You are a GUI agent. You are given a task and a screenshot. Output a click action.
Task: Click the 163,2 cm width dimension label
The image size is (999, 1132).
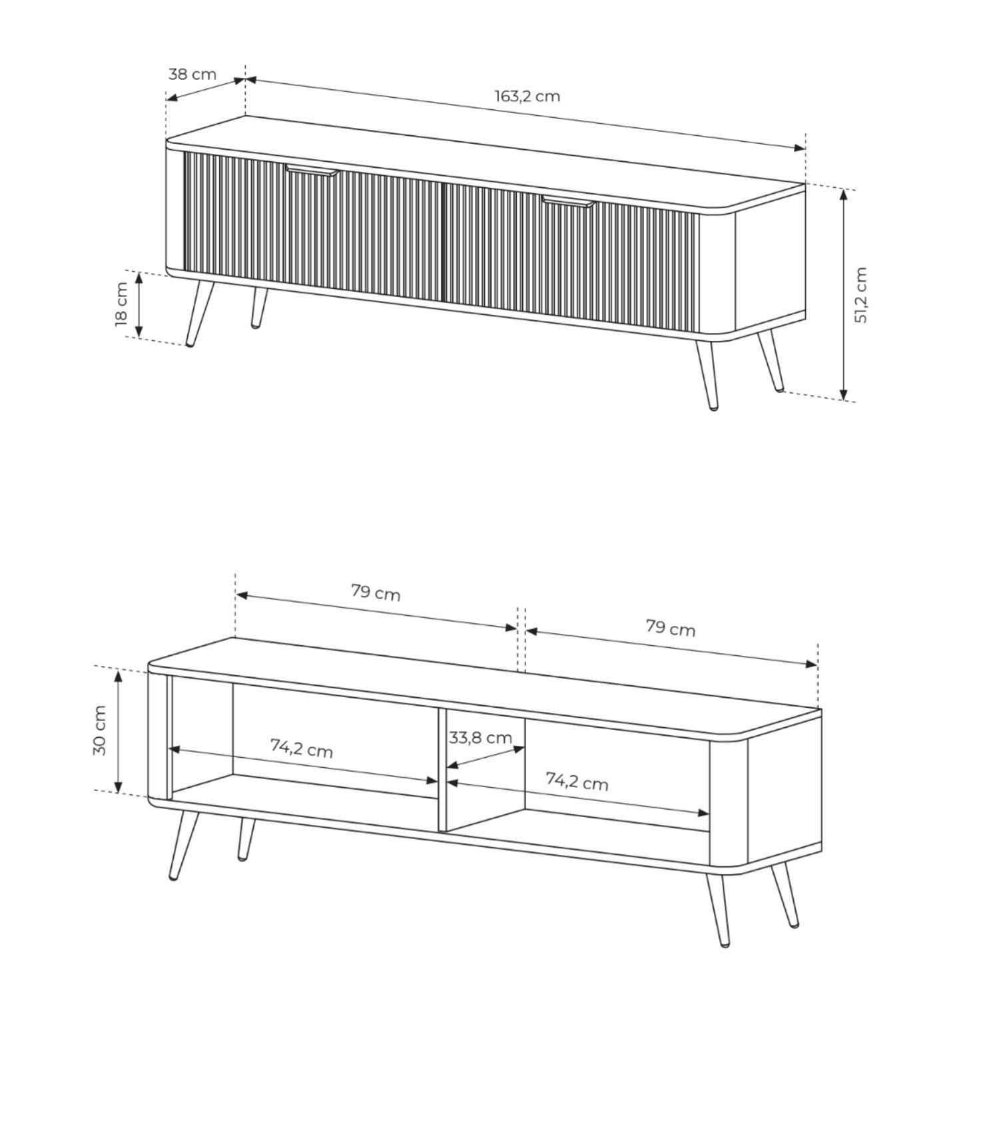tap(527, 96)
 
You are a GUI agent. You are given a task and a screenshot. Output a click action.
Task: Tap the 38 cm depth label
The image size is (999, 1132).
tap(192, 73)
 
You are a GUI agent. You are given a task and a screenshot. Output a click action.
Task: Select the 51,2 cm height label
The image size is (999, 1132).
tap(860, 295)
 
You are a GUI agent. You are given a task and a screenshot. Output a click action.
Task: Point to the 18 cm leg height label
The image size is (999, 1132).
tap(121, 304)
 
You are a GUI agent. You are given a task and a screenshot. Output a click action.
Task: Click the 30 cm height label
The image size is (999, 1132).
tap(99, 730)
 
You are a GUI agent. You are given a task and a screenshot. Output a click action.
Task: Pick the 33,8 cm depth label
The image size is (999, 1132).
tap(480, 738)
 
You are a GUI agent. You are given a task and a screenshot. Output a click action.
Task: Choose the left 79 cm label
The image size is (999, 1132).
tap(376, 592)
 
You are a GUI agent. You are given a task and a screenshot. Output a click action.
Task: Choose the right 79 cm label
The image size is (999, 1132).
tap(671, 628)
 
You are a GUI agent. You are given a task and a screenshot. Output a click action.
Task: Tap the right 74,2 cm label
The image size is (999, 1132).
tap(577, 780)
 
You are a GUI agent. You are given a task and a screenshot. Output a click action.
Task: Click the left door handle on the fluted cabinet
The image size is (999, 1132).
tap(312, 170)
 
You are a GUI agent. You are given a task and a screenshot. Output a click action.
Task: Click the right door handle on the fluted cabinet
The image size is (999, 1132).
tap(567, 202)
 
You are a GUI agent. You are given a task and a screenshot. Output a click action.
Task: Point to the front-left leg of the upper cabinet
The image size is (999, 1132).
tap(199, 313)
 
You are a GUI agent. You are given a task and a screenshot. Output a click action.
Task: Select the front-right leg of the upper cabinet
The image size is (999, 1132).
tap(707, 374)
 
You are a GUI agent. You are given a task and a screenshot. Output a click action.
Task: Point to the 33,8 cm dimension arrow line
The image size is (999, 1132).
tap(486, 758)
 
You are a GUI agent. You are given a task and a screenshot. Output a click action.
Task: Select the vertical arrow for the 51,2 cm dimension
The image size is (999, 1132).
tap(844, 295)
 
